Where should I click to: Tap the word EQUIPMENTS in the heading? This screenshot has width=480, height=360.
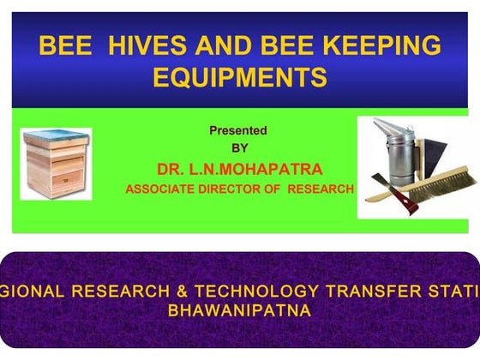click(240, 78)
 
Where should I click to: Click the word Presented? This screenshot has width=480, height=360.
click(238, 131)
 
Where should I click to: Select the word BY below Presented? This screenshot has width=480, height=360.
click(240, 147)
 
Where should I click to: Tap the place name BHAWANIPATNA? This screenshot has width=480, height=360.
click(239, 310)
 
